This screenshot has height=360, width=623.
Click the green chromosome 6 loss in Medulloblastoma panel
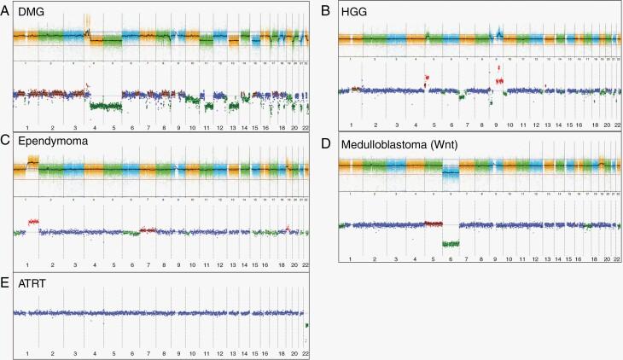point(451,244)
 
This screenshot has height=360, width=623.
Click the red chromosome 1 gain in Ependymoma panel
point(33,222)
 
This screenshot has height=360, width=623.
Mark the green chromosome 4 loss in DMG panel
point(106,106)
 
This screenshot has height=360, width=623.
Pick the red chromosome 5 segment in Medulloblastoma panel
point(434,224)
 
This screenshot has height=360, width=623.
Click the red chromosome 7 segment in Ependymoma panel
point(148,229)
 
